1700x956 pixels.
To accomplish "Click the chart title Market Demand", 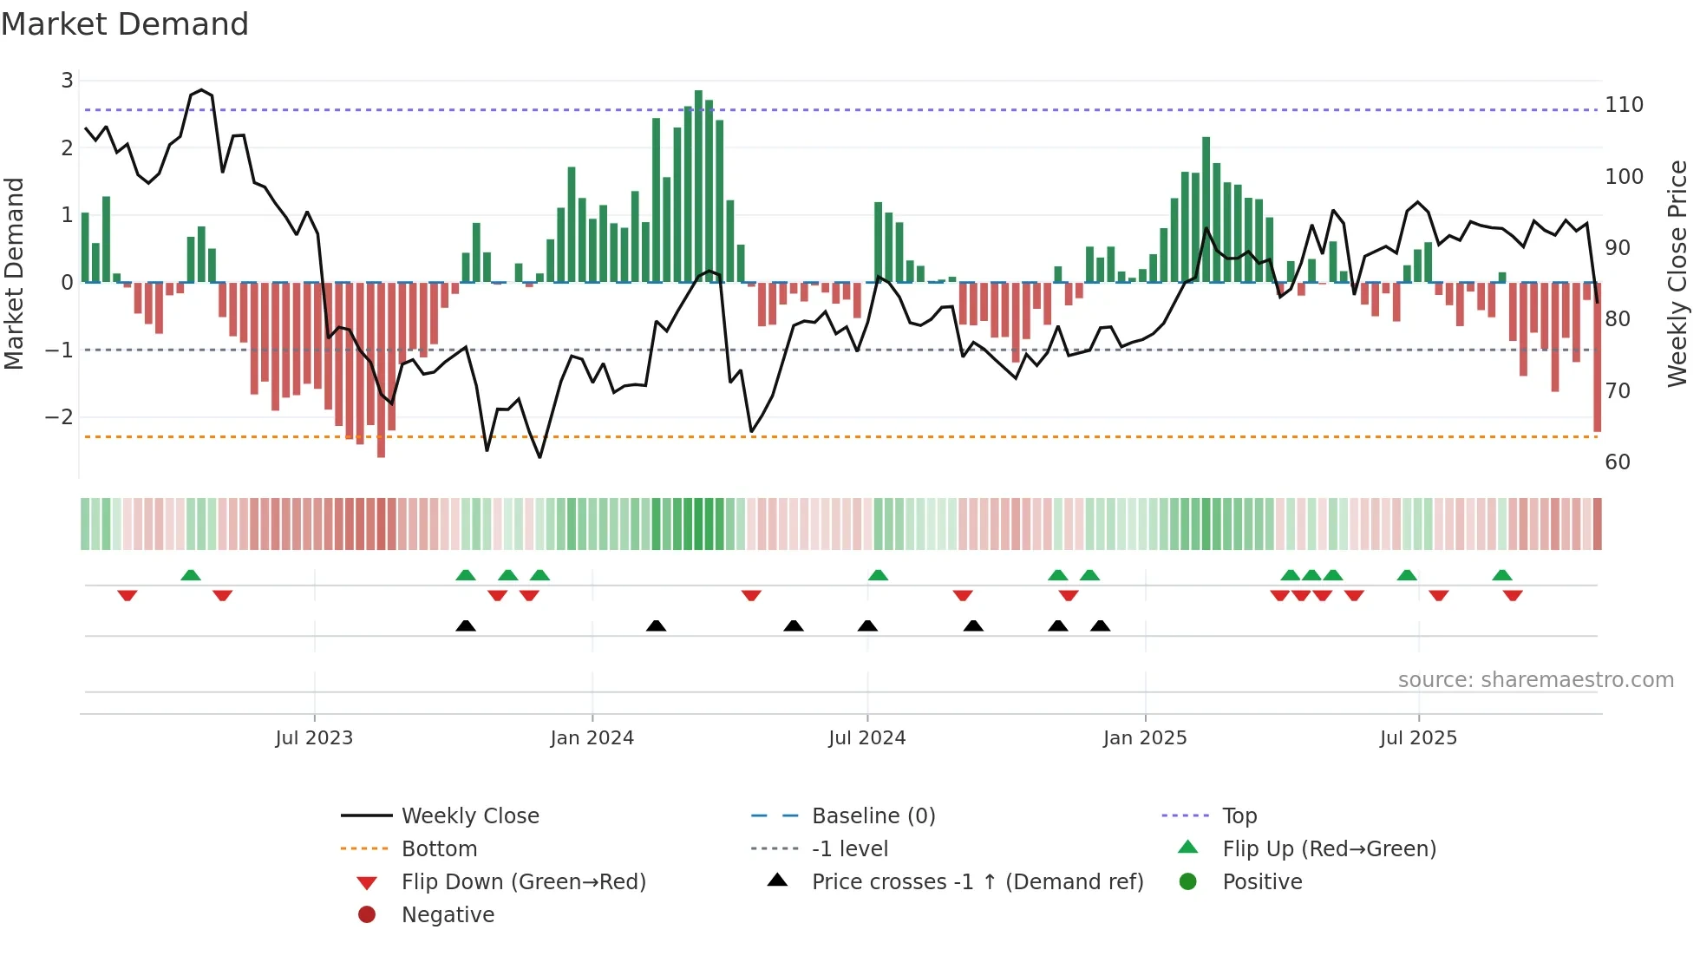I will (x=125, y=24).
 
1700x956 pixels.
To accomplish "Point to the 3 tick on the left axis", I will (x=67, y=81).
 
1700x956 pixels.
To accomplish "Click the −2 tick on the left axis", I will (x=59, y=417).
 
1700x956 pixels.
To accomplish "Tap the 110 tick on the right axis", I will (x=1624, y=105).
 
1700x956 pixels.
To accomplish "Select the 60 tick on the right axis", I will (x=1618, y=462).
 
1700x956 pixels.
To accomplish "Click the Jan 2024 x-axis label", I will (x=592, y=738).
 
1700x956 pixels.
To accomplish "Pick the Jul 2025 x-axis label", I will (x=1418, y=738).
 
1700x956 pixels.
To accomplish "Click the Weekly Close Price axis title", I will (x=1677, y=273).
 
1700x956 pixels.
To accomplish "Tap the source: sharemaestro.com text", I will (x=1535, y=680).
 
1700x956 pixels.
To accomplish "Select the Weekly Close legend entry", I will (x=469, y=816).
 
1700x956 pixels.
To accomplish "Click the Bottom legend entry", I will (x=439, y=849).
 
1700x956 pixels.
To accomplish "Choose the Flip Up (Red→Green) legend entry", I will (x=1329, y=849).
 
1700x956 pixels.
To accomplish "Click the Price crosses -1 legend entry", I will (x=977, y=882).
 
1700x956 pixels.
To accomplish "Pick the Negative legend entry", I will (x=448, y=915).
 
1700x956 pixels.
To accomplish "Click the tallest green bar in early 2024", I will (x=698, y=186).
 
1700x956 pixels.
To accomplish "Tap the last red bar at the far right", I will (x=1597, y=357).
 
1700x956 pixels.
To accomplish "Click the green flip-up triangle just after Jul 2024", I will (x=878, y=575).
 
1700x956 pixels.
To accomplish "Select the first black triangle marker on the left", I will (x=466, y=625).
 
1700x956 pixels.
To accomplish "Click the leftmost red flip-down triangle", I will (x=127, y=595).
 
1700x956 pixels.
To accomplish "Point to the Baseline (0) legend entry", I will (x=873, y=816).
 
